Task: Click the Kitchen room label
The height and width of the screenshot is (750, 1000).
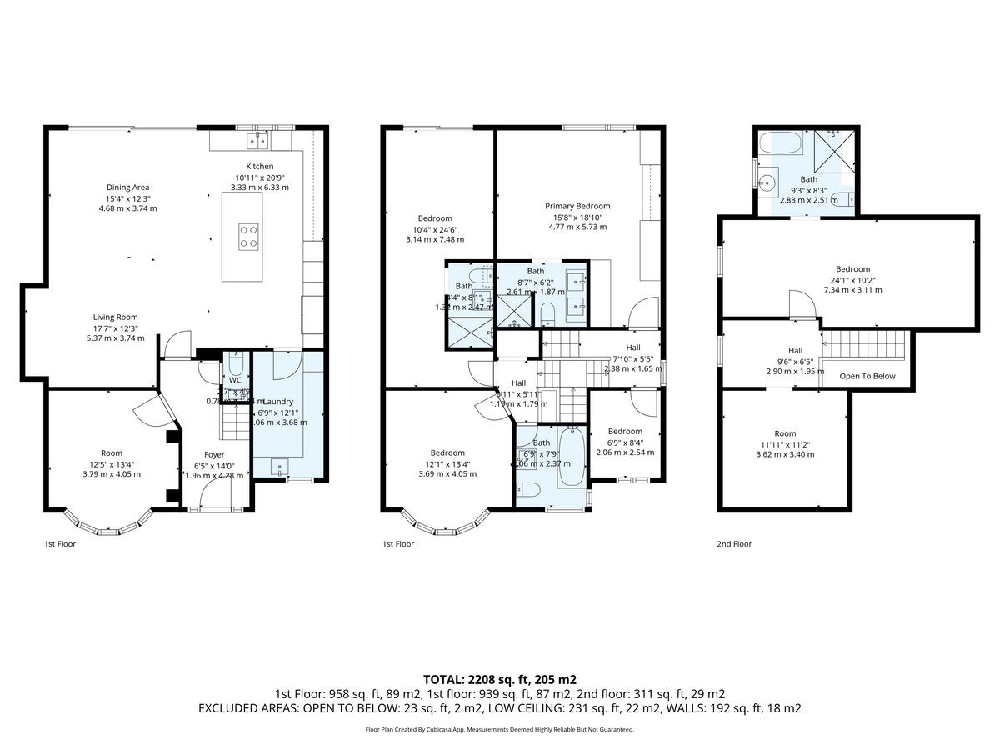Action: click(253, 167)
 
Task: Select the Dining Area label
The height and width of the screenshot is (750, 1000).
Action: click(127, 187)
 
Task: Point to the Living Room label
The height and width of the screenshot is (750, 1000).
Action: click(115, 317)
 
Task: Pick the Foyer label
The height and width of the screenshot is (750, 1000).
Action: click(202, 454)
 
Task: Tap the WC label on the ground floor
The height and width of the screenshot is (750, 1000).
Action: click(235, 379)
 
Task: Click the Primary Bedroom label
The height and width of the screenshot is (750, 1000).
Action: click(577, 206)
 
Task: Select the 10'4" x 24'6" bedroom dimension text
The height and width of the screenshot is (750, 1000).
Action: click(435, 229)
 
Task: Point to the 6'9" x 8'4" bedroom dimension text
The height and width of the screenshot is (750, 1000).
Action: click(624, 442)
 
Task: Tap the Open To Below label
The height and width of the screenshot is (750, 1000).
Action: click(867, 376)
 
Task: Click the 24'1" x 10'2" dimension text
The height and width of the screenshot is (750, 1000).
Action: click(852, 279)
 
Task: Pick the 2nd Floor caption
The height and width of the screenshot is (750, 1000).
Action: click(734, 544)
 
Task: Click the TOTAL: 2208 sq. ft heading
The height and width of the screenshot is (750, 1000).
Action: click(499, 679)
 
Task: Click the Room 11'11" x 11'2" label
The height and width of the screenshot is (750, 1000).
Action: click(785, 433)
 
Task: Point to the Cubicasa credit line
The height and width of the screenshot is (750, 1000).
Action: click(499, 729)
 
